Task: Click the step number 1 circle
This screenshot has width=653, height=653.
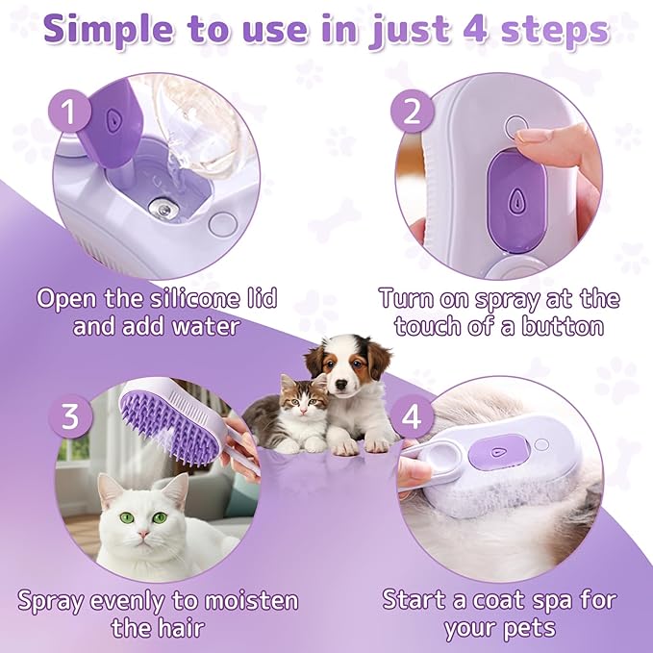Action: [68, 114]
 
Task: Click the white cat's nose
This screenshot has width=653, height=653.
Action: [140, 531]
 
